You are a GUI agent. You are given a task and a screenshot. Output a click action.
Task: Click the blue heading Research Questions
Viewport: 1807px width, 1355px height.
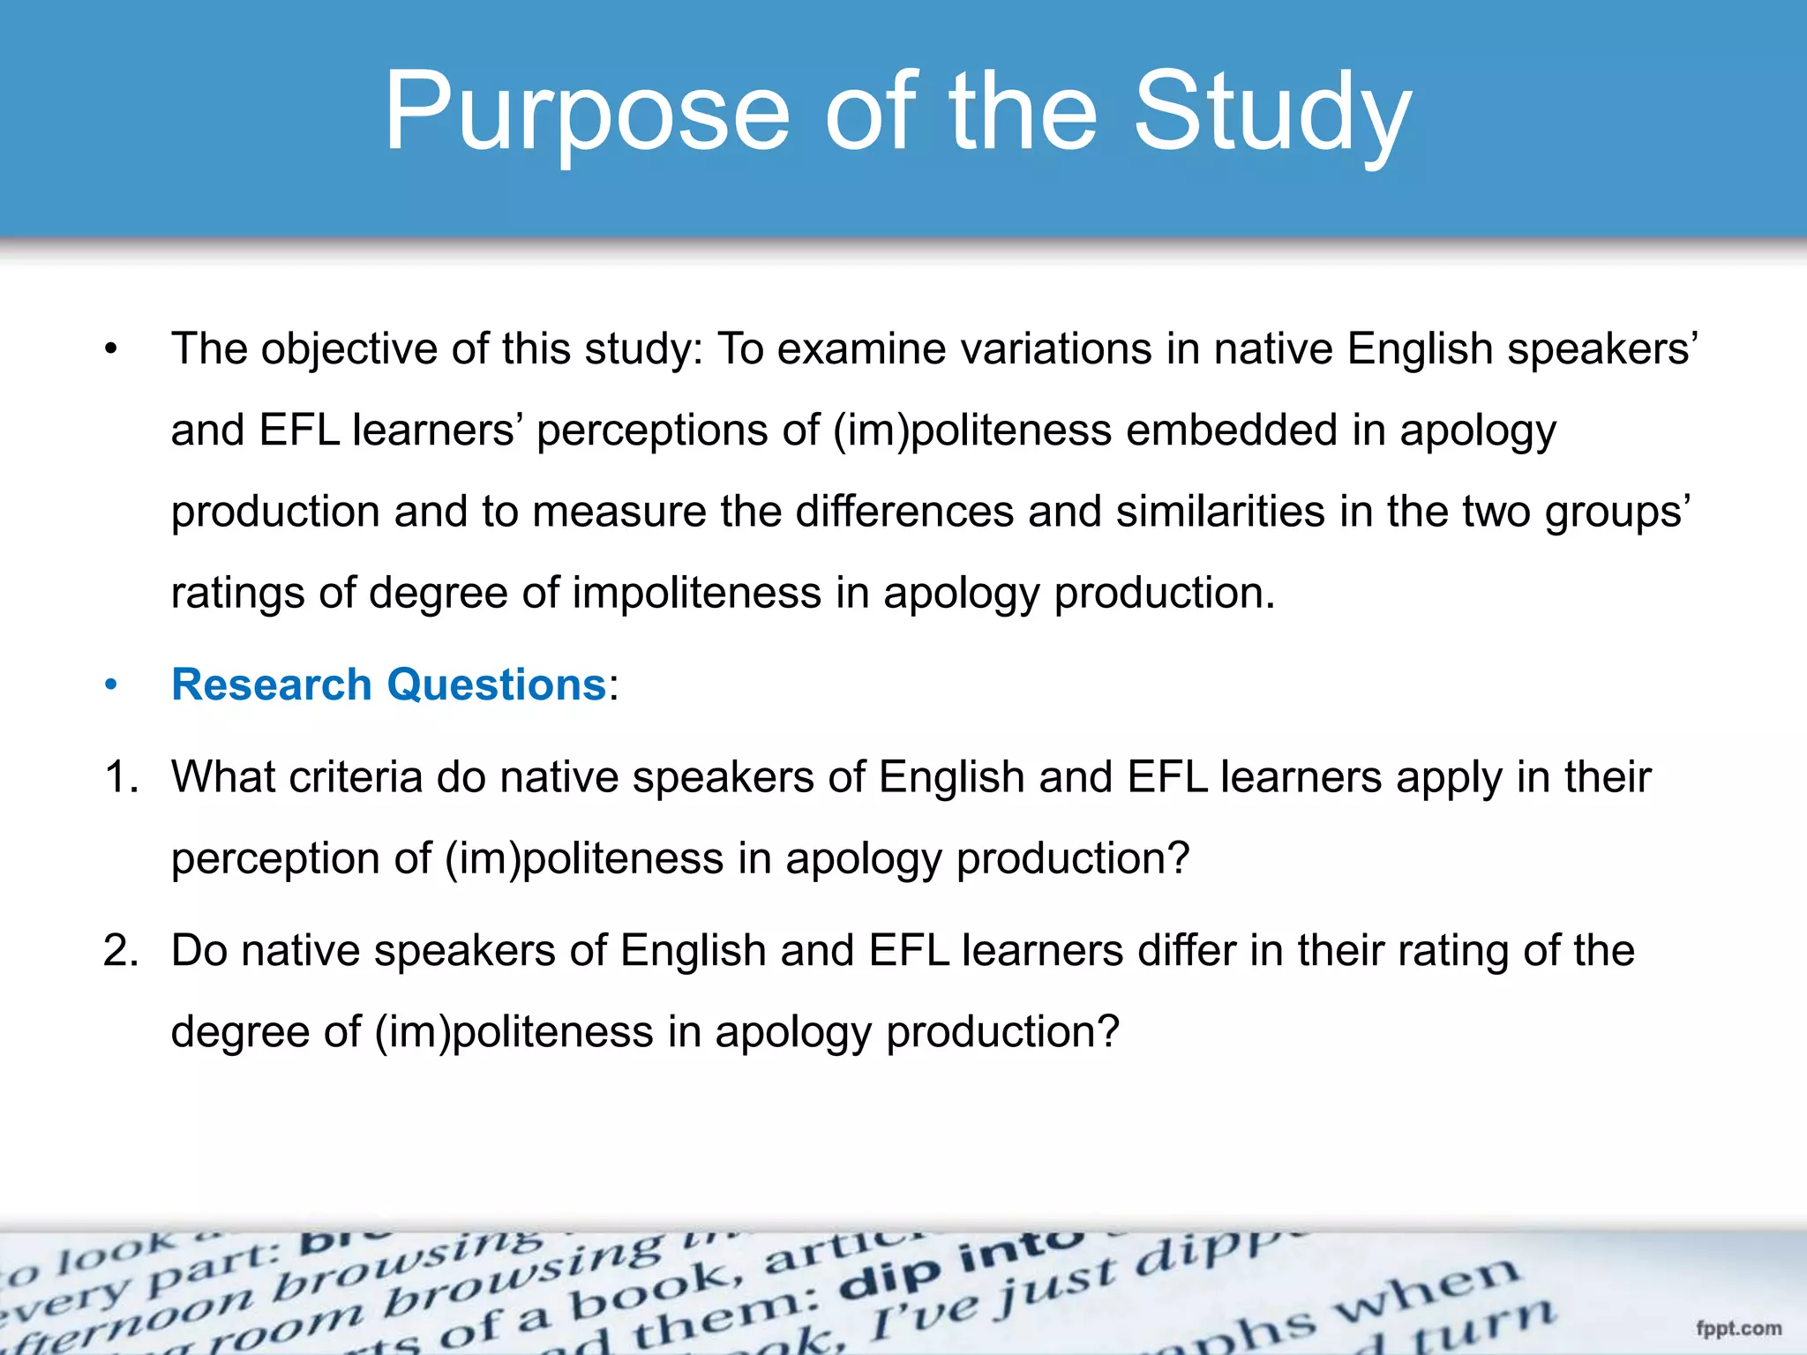(x=389, y=685)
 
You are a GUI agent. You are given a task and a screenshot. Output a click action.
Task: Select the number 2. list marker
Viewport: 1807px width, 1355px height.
(x=121, y=951)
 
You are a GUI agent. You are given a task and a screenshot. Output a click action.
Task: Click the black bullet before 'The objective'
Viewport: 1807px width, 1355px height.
(x=110, y=350)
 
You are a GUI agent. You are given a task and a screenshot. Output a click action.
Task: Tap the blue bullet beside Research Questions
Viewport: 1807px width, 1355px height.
(x=110, y=685)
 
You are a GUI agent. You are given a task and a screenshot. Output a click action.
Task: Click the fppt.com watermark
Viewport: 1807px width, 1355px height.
(x=1738, y=1329)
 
